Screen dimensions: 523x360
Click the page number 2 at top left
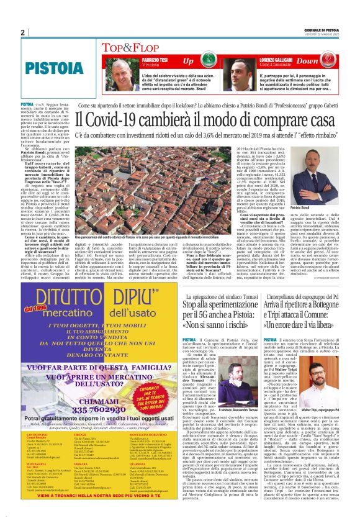click(x=22, y=32)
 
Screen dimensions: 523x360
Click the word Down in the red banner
click(x=308, y=61)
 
